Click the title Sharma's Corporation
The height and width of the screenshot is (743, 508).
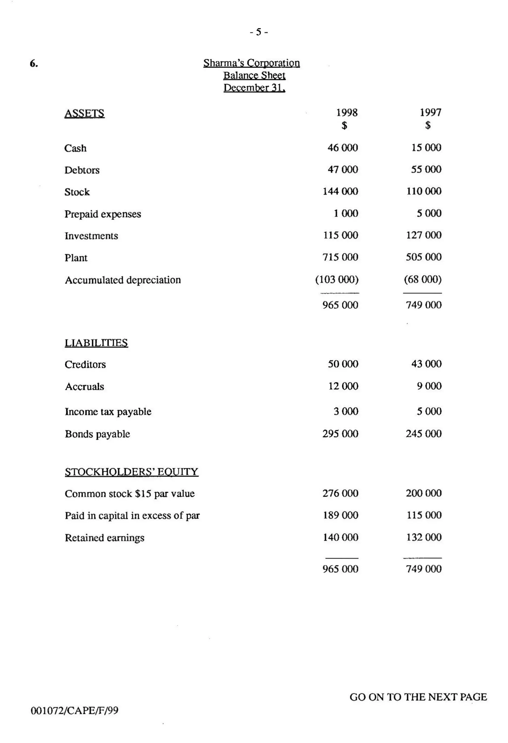tap(252, 63)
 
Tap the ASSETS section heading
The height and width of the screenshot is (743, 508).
tap(84, 114)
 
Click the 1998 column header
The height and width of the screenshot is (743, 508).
tap(347, 113)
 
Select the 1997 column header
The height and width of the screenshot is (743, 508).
tap(430, 113)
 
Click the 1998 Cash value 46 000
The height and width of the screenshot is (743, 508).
tap(343, 148)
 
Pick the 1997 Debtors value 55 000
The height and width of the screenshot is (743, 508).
tap(426, 169)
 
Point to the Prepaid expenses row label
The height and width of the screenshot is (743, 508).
tap(103, 214)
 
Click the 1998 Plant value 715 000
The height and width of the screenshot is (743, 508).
tap(340, 257)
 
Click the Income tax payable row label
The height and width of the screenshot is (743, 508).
tap(108, 412)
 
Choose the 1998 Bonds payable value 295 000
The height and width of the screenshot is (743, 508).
tap(340, 434)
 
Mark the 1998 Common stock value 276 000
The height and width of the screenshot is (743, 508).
tap(340, 493)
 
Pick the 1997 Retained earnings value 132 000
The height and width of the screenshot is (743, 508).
tap(424, 537)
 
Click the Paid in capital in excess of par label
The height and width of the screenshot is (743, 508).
tap(132, 516)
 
